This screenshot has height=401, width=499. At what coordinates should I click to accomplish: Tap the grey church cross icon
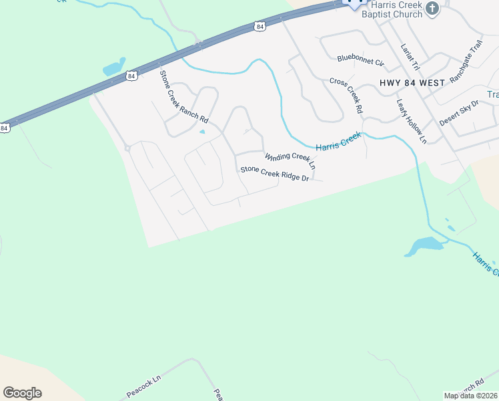[432, 9]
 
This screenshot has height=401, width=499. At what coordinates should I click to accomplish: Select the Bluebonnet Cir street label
[361, 61]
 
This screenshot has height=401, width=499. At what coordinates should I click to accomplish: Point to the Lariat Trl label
[409, 57]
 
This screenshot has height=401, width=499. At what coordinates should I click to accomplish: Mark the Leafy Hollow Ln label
[411, 122]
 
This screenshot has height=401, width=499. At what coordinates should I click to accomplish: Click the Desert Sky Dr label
[460, 112]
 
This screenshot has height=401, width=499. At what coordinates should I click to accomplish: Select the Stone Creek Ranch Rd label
[183, 96]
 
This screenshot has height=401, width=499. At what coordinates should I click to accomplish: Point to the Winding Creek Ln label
[290, 161]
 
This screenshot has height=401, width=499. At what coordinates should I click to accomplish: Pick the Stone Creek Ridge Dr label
[275, 174]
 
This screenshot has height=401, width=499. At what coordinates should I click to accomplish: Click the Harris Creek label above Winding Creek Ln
[338, 140]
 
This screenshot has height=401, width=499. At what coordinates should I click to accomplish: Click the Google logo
[22, 393]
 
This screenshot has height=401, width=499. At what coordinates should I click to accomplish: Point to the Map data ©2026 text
[471, 396]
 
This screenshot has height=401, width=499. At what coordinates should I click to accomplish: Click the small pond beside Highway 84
[113, 68]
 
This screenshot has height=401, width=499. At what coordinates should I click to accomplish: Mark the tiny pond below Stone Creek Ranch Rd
[201, 131]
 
